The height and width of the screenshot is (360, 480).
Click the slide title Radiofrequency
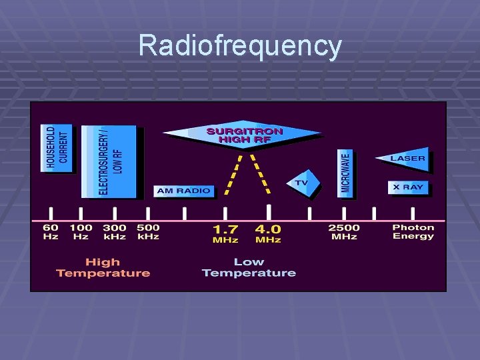240,46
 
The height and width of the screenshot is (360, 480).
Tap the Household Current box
57,148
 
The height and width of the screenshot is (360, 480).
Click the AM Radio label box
183,191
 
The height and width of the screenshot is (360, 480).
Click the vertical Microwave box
345,172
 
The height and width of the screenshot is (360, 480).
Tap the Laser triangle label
405,159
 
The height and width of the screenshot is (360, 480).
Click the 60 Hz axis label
51,232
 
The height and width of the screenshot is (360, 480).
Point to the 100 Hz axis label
81,232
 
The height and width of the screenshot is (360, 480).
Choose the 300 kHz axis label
115,232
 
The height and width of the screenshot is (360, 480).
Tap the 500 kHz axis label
148,232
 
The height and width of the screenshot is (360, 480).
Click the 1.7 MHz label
226,234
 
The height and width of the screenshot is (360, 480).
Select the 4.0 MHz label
268,234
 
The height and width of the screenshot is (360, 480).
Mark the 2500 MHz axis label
344,232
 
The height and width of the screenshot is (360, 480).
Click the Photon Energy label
413,232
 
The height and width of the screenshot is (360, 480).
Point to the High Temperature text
103,267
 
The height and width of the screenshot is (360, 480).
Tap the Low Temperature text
249,267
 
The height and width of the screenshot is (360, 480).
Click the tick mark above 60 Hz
51,213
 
